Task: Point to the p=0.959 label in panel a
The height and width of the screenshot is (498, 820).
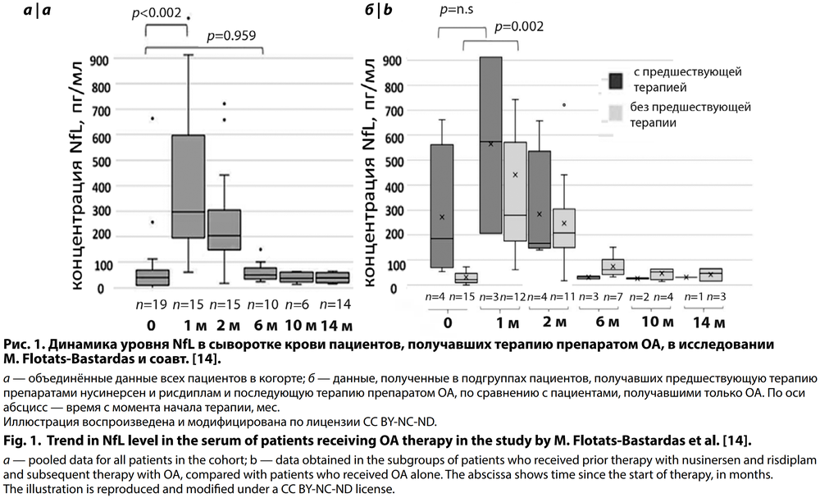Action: (x=235, y=35)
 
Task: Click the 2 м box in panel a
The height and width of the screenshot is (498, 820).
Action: (x=223, y=230)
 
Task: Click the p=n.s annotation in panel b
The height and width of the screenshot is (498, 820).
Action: (x=461, y=11)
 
